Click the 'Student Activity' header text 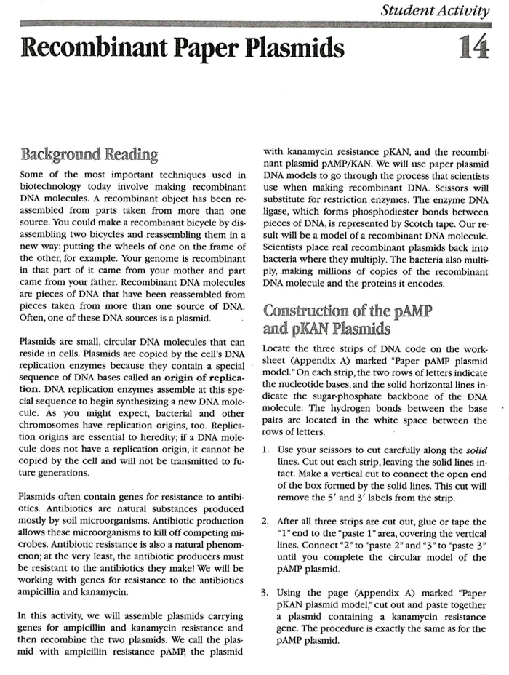click(x=436, y=10)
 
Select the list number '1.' click(x=267, y=444)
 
